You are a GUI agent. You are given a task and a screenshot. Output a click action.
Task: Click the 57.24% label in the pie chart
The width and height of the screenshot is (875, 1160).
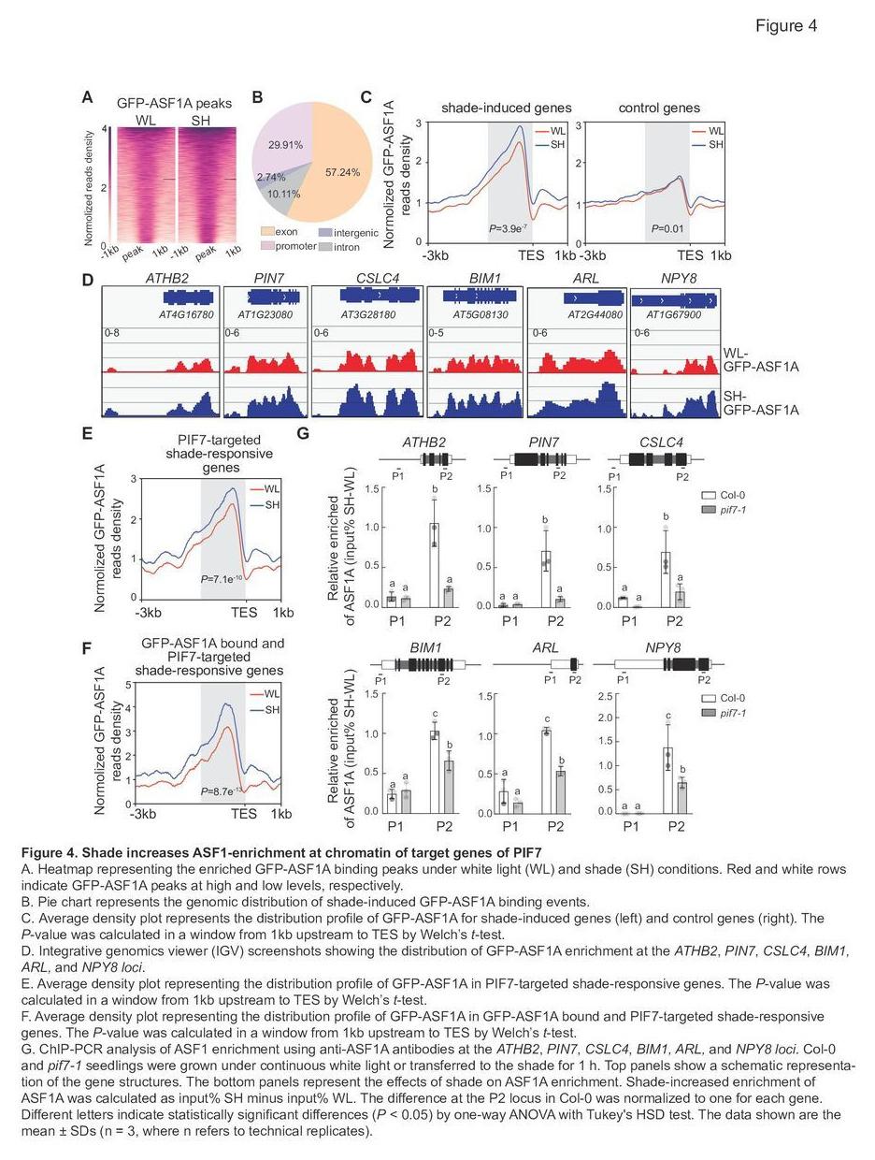[x=342, y=172]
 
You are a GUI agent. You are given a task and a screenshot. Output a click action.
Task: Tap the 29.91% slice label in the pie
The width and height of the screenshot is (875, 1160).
[x=285, y=145]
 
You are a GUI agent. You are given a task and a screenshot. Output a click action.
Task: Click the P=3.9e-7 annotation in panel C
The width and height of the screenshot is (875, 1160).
[x=508, y=228]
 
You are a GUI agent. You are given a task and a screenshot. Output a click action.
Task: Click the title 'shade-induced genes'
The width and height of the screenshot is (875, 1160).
[x=506, y=108]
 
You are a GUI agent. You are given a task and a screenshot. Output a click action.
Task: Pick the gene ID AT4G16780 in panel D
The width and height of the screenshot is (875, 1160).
[x=186, y=315]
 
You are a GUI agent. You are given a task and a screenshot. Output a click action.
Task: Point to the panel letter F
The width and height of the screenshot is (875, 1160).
[x=86, y=648]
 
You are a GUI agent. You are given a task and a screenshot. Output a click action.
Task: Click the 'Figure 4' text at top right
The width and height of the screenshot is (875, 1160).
[x=786, y=26]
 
